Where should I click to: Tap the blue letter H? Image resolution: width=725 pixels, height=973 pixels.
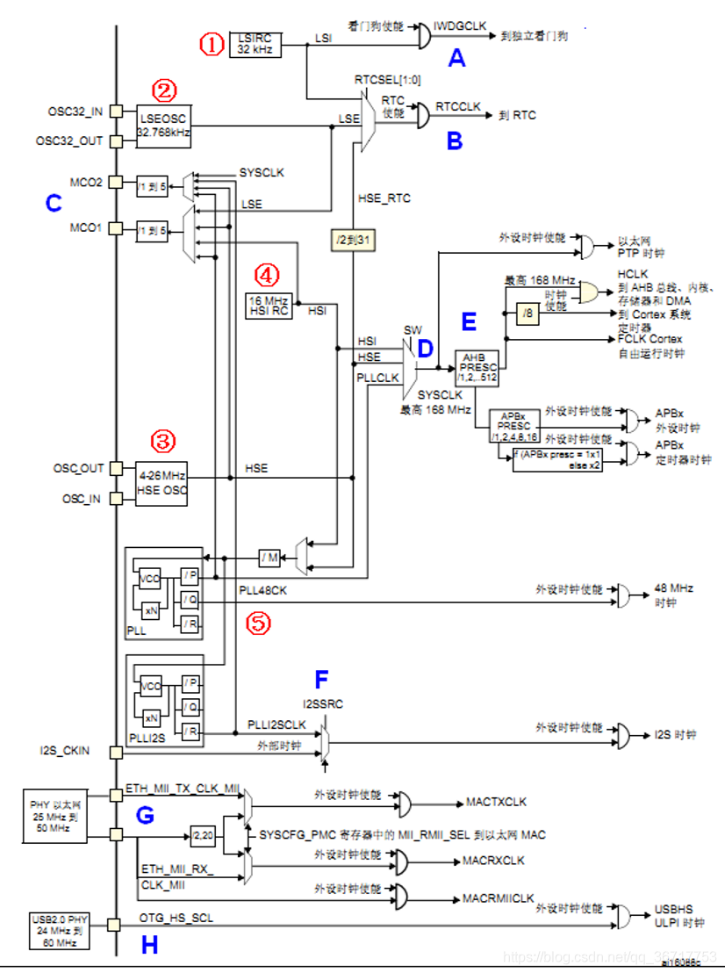149,945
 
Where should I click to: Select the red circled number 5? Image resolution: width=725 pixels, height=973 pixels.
257,623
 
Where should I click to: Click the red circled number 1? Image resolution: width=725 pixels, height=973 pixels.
212,43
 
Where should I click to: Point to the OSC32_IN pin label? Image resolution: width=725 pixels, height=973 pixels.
75,112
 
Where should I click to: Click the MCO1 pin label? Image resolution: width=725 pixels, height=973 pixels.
87,227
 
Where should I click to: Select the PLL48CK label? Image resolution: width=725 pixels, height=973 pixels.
263,591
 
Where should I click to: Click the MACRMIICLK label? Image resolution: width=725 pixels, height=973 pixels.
498,898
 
